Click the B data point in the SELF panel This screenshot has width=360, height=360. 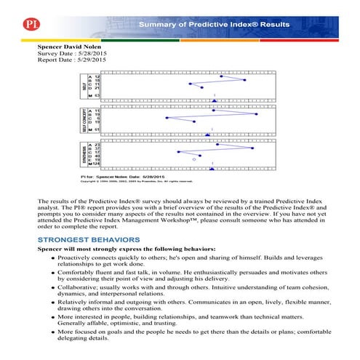[x=245, y=80]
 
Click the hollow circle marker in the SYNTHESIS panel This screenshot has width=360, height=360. [x=193, y=159]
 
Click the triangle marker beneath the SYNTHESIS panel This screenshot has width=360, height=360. [x=211, y=169]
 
